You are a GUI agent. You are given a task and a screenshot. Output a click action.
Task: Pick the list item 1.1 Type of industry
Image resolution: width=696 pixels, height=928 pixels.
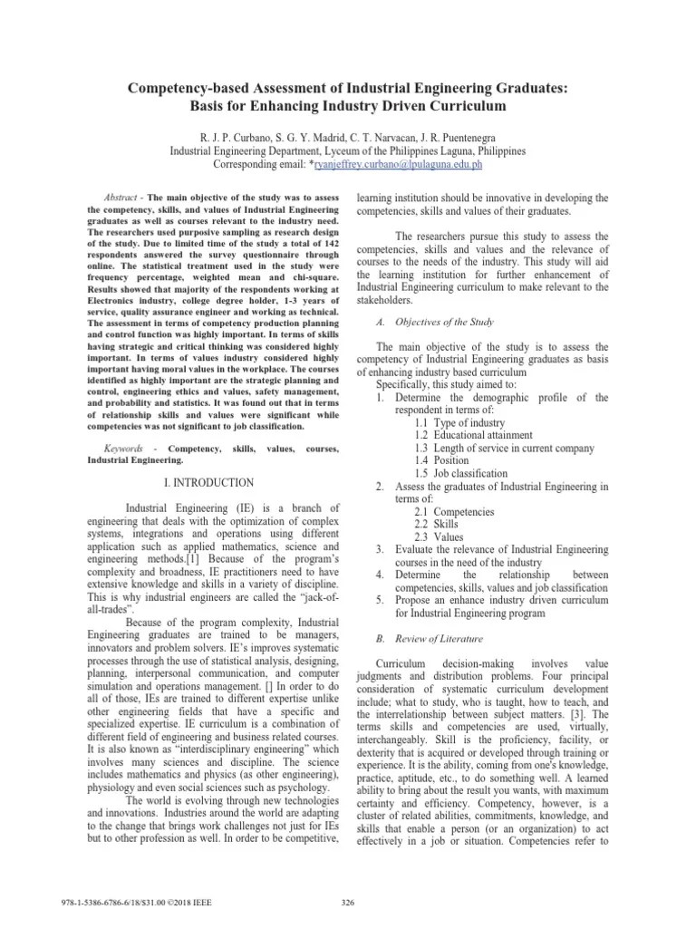461,423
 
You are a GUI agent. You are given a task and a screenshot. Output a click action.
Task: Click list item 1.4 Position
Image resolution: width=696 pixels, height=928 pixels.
444,461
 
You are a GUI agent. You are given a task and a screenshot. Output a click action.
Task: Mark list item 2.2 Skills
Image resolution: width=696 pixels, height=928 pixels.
436,525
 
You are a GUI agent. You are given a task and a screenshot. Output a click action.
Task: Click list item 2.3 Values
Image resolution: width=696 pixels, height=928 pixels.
439,537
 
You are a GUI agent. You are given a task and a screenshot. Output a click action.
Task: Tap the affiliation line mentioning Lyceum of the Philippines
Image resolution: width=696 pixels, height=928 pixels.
347,150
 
